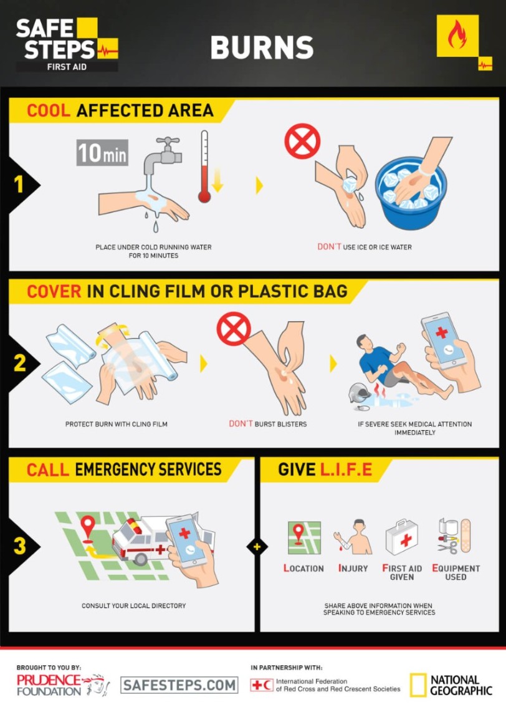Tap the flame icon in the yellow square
point(457,36)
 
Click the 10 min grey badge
point(102,153)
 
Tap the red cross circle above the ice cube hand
point(302,141)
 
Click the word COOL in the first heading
point(49,111)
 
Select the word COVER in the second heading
point(54,291)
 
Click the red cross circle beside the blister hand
point(234,329)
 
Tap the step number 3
point(19,546)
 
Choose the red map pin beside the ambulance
point(88,527)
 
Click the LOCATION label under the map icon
point(304,569)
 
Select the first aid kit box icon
point(401,537)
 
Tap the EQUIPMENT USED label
point(456,572)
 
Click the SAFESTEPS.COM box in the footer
point(179,685)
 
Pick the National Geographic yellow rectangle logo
point(418,685)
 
